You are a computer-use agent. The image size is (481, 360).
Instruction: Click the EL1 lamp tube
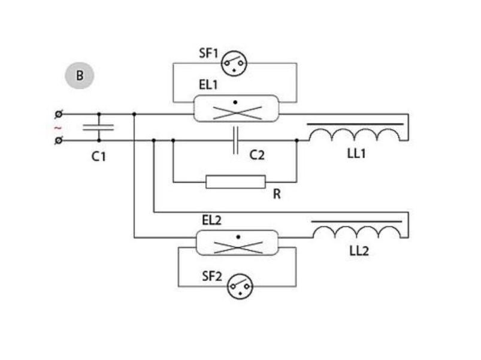click(x=236, y=108)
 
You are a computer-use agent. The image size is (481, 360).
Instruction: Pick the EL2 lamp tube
click(x=237, y=243)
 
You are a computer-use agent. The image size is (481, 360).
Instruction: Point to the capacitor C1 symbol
click(x=99, y=127)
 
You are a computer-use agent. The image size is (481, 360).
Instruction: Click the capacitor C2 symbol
click(x=236, y=141)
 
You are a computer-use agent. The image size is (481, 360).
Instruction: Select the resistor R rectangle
click(x=235, y=181)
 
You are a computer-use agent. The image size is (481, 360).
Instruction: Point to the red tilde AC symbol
click(x=58, y=128)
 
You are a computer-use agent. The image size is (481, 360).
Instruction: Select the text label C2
click(x=257, y=155)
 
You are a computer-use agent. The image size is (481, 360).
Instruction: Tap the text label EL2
click(x=211, y=220)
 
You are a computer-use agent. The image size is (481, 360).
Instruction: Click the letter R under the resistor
click(x=276, y=195)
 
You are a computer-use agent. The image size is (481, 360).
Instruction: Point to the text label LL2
click(x=359, y=251)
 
